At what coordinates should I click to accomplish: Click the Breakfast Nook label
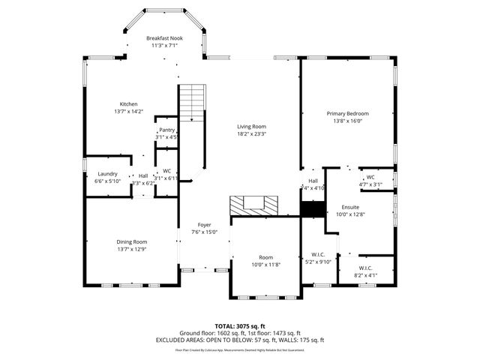pyautogui.click(x=164, y=37)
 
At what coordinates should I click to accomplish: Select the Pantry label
pyautogui.click(x=166, y=130)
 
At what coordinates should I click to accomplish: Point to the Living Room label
pyautogui.click(x=252, y=126)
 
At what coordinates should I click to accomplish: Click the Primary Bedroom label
pyautogui.click(x=347, y=113)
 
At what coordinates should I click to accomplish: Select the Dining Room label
pyautogui.click(x=131, y=241)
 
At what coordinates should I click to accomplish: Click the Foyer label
pyautogui.click(x=204, y=224)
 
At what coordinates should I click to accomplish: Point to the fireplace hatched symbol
pyautogui.click(x=253, y=204)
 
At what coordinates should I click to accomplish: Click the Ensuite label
pyautogui.click(x=350, y=206)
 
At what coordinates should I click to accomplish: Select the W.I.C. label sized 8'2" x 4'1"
pyautogui.click(x=365, y=268)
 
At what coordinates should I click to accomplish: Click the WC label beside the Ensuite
pyautogui.click(x=370, y=177)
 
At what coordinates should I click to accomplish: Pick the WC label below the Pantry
pyautogui.click(x=167, y=170)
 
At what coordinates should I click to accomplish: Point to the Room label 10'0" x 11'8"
pyautogui.click(x=266, y=257)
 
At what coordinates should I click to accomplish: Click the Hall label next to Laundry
pyautogui.click(x=142, y=175)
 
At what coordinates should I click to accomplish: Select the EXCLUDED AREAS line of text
pyautogui.click(x=239, y=340)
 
